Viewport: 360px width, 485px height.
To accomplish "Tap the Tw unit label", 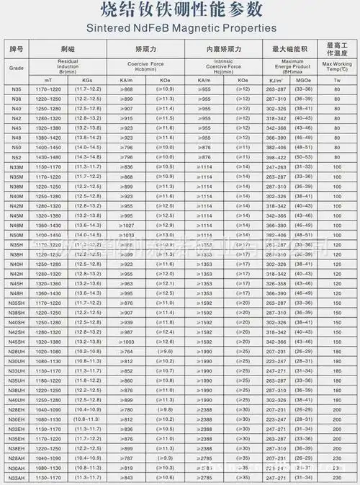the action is pyautogui.click(x=336, y=79).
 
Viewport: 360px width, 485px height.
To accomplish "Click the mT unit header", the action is pyautogui.click(x=48, y=79).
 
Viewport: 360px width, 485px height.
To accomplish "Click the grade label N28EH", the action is pyautogui.click(x=17, y=409).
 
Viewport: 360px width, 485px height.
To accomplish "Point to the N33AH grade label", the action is pyautogui.click(x=17, y=477).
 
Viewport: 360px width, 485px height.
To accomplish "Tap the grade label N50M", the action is pyautogui.click(x=17, y=234).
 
